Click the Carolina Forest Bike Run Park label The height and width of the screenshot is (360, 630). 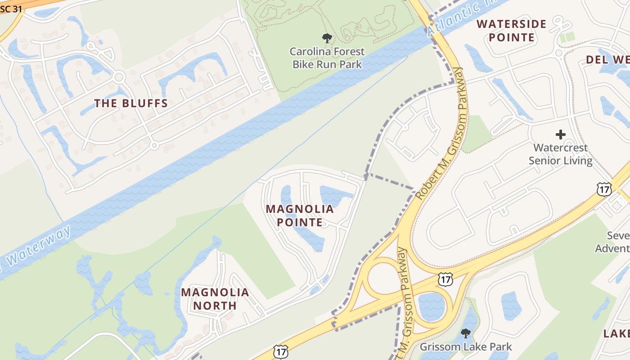point(327,58)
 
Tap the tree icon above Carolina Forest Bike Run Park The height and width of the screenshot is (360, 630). point(327,38)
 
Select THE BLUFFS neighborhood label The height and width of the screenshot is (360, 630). point(131,103)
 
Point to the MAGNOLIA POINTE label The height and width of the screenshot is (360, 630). point(300,216)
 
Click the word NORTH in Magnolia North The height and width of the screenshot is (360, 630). point(215,306)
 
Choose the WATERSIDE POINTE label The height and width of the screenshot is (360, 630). point(512,31)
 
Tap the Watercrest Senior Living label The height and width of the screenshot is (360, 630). point(560,154)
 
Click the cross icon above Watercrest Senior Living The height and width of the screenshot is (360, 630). point(560,134)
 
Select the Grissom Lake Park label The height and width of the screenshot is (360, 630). point(466,347)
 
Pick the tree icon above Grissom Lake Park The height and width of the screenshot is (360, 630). point(466,333)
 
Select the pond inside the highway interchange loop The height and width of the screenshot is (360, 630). point(431,306)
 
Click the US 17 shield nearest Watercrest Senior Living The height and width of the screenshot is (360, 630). point(604,189)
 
